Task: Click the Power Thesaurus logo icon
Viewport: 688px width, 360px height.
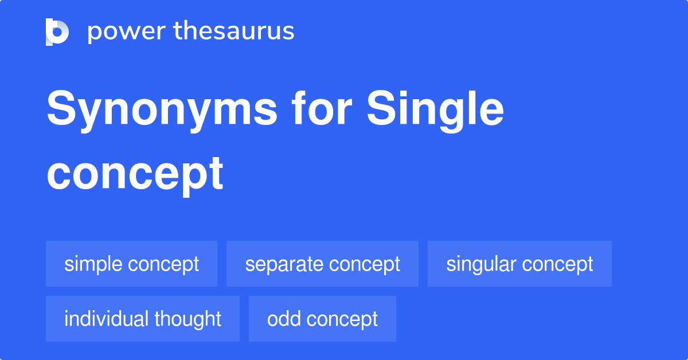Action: point(57,32)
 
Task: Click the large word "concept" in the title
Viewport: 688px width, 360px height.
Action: point(135,173)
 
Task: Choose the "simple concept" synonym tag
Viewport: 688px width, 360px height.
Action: point(131,264)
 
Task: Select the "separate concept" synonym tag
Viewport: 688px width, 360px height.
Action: point(322,264)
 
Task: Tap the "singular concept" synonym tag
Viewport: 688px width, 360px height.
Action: point(519,264)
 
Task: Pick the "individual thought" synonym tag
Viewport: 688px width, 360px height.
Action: point(142,319)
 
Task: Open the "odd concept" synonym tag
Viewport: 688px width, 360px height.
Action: point(322,319)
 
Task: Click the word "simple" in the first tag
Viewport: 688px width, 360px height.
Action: point(93,264)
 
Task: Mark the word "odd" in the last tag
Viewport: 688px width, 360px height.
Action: point(280,319)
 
